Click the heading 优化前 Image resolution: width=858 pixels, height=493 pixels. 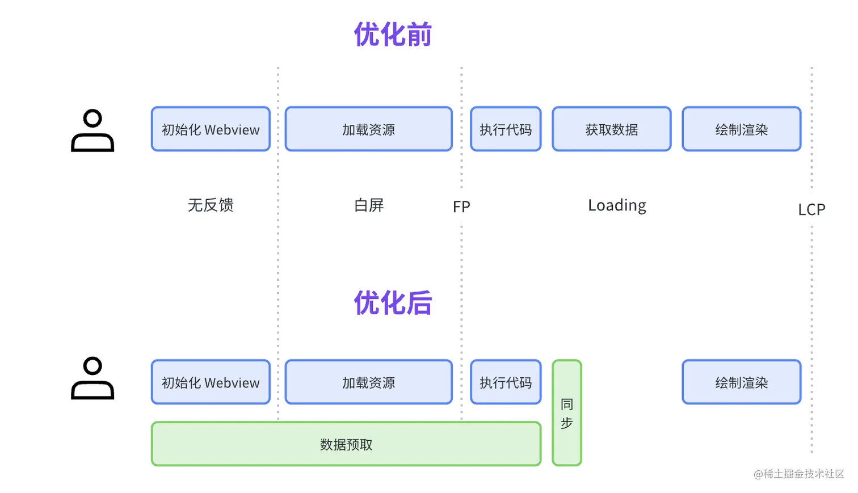(x=393, y=35)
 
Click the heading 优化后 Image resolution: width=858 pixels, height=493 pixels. (x=393, y=303)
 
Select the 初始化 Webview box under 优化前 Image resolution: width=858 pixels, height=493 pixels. (x=211, y=129)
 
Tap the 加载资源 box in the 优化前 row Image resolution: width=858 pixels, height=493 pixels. (x=368, y=129)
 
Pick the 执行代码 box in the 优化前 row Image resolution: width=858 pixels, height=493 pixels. (x=506, y=129)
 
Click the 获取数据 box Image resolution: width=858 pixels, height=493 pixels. (x=611, y=129)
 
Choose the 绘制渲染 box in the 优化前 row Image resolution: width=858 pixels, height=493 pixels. (x=742, y=129)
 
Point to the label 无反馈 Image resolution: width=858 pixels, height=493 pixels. (x=211, y=205)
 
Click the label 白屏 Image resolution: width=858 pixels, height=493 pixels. (x=369, y=205)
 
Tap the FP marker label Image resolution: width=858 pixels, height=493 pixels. (x=461, y=207)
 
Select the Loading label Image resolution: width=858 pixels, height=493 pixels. (x=617, y=206)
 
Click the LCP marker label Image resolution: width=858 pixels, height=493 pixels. (x=811, y=209)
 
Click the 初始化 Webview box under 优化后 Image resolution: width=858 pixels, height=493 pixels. (x=211, y=382)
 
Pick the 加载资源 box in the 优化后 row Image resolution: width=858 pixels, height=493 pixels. (x=368, y=382)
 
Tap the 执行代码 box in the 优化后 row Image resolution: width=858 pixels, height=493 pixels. (x=506, y=382)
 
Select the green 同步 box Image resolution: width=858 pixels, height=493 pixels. (x=567, y=413)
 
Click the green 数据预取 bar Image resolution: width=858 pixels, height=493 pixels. (x=346, y=444)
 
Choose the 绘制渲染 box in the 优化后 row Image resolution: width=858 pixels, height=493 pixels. (x=742, y=382)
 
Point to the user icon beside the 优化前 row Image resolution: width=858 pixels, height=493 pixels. (x=92, y=130)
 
